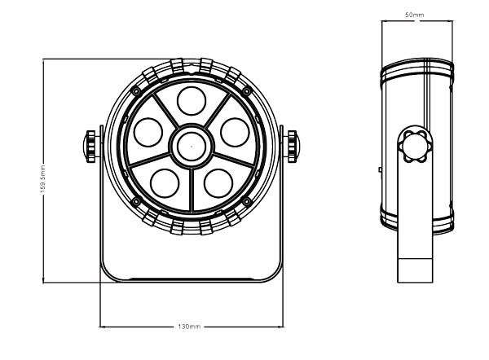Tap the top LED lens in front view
click(x=191, y=102)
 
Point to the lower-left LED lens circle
click(x=164, y=180)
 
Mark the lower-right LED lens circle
click(x=218, y=180)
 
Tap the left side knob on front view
click(x=90, y=147)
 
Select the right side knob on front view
click(x=291, y=147)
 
